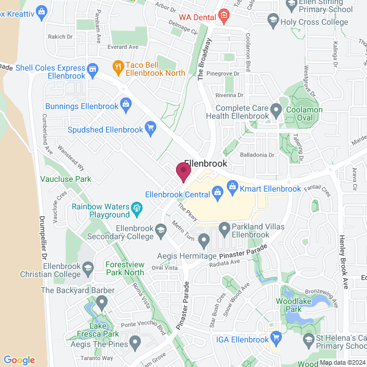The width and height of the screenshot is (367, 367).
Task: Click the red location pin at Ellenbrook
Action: pyautogui.click(x=183, y=171)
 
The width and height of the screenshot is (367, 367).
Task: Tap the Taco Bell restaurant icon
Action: pyautogui.click(x=118, y=66)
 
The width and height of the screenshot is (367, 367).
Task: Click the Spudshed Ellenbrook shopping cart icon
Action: pyautogui.click(x=150, y=127)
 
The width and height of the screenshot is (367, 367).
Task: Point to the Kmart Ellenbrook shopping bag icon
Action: pyautogui.click(x=232, y=186)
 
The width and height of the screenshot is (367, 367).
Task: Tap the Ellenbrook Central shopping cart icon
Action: pyautogui.click(x=217, y=194)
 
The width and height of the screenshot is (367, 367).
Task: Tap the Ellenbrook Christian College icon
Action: pyautogui.click(x=88, y=267)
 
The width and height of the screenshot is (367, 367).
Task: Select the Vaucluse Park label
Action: pyautogui.click(x=66, y=179)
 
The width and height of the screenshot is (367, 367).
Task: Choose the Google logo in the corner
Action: pyautogui.click(x=19, y=360)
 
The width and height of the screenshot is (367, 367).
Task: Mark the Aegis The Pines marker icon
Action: pyautogui.click(x=135, y=343)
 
